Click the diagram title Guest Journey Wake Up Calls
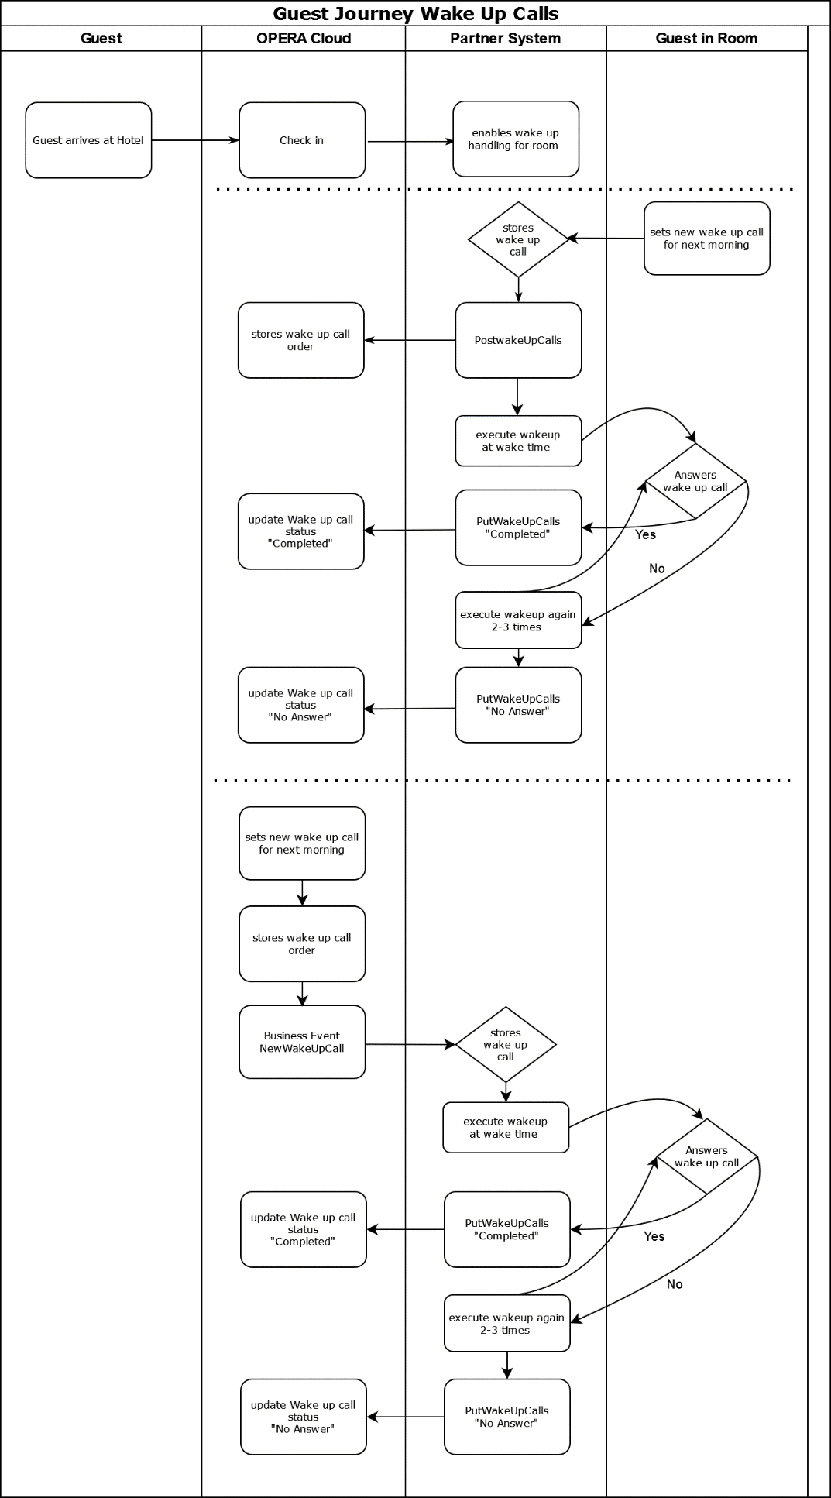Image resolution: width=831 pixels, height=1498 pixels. (x=415, y=13)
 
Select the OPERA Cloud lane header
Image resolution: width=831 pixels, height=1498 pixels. (x=303, y=39)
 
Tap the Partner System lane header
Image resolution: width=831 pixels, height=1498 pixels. (x=505, y=39)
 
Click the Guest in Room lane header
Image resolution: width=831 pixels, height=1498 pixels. (x=706, y=39)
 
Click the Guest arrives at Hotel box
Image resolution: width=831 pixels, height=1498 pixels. (x=88, y=140)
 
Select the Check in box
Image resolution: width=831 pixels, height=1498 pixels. (x=302, y=140)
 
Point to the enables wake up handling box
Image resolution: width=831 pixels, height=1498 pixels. (x=516, y=139)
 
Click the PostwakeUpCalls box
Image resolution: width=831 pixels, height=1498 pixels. (x=518, y=340)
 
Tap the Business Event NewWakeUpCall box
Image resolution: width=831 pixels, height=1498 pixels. (x=302, y=1042)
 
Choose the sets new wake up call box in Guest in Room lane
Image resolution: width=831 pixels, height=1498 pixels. (x=706, y=239)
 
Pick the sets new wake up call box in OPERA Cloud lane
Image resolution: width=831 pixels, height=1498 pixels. (x=302, y=843)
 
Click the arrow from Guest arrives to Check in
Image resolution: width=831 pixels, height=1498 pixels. (x=195, y=140)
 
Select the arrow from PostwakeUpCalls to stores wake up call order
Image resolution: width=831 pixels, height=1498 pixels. (x=410, y=340)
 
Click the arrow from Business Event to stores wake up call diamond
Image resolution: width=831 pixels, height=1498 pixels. (x=410, y=1044)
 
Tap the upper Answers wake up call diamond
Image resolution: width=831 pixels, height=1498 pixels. (x=695, y=481)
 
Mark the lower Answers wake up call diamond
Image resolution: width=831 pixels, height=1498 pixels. (x=706, y=1156)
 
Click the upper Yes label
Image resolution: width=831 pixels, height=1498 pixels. (x=645, y=534)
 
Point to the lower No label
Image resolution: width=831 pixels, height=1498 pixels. (x=675, y=1284)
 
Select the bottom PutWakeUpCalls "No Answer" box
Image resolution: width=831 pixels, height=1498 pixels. (x=507, y=1417)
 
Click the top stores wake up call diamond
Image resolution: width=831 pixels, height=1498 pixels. (x=518, y=239)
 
